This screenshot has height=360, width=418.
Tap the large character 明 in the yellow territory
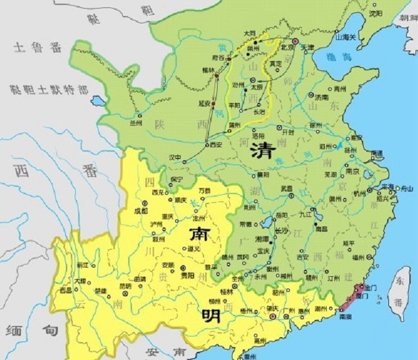[207, 317]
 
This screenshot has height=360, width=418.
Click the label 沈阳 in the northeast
[375, 12]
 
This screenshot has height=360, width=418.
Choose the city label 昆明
[125, 286]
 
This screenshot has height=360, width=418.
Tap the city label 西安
[215, 145]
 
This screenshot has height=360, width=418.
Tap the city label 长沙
[281, 231]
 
